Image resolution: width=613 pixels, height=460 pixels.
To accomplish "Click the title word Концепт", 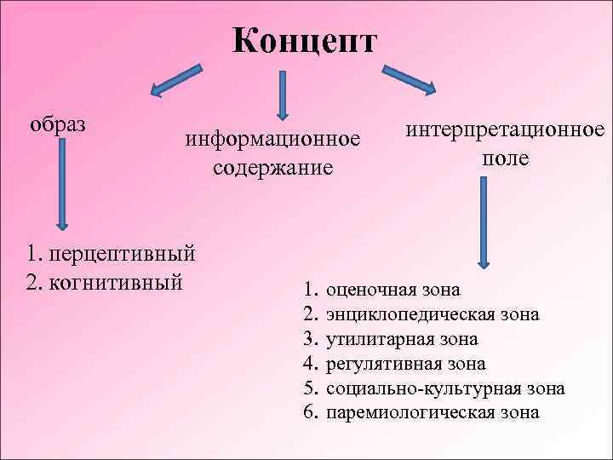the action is point(304,41).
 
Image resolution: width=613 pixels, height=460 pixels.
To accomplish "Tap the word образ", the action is point(58,124).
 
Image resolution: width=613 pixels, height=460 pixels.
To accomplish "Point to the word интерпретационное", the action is point(505,130).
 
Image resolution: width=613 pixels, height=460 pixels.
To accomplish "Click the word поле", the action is point(505,158).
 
